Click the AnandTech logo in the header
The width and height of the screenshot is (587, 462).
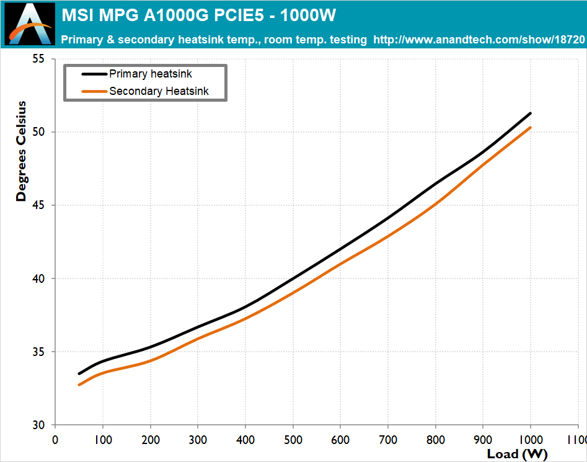coord(30,24)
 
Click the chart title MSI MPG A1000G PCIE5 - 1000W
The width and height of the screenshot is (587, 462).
coord(199,16)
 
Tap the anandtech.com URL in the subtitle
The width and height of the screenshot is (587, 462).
coord(479,40)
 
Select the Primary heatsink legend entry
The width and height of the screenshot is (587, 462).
coord(136,74)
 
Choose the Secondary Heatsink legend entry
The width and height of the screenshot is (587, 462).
coord(145,91)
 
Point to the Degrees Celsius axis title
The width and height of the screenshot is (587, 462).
coord(21,151)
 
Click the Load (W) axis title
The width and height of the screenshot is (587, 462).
coord(517,454)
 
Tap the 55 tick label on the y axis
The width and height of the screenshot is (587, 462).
coord(38,59)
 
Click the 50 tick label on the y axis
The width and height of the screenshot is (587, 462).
coord(38,132)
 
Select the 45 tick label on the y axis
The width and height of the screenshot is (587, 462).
coord(38,205)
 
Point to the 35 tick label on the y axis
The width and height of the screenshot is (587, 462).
coord(38,352)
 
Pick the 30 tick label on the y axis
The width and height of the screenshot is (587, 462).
coord(38,425)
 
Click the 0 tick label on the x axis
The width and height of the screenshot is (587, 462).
coord(55,440)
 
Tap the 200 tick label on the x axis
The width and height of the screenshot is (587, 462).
coord(151,440)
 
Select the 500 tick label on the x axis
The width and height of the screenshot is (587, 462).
coord(293,440)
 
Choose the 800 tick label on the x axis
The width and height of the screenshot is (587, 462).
coord(435,440)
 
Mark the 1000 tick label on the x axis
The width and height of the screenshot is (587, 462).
coord(531,440)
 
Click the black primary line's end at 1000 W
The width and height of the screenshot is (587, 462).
coord(530,113)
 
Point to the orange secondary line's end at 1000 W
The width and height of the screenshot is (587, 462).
coord(530,128)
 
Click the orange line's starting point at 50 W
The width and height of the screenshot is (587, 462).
coord(79,385)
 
